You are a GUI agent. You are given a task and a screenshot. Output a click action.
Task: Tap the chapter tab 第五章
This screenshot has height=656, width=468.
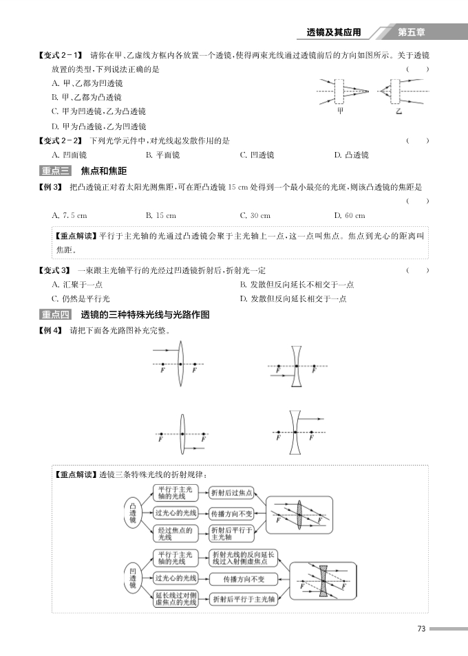[x=412, y=32]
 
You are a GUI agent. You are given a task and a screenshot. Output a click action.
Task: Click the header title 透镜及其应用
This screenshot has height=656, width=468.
[x=334, y=32]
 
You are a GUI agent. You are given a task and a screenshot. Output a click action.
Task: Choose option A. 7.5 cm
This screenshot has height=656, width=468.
[x=70, y=215]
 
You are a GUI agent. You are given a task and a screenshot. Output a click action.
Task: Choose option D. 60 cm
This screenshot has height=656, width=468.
[x=350, y=215]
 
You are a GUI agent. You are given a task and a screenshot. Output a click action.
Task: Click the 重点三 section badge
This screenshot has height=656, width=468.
[x=56, y=171]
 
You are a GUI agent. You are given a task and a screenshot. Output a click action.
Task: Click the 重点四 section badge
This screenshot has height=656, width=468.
[x=56, y=315]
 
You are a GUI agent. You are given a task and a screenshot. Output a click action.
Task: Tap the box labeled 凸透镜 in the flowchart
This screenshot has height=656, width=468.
[x=132, y=513]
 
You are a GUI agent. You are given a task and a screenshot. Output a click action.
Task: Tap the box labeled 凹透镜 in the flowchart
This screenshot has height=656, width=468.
[x=132, y=578]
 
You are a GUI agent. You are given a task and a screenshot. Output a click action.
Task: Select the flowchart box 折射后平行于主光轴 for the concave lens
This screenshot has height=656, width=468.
[x=243, y=599]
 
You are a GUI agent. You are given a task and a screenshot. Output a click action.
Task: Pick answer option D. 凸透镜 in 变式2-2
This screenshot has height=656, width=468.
[x=351, y=155]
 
